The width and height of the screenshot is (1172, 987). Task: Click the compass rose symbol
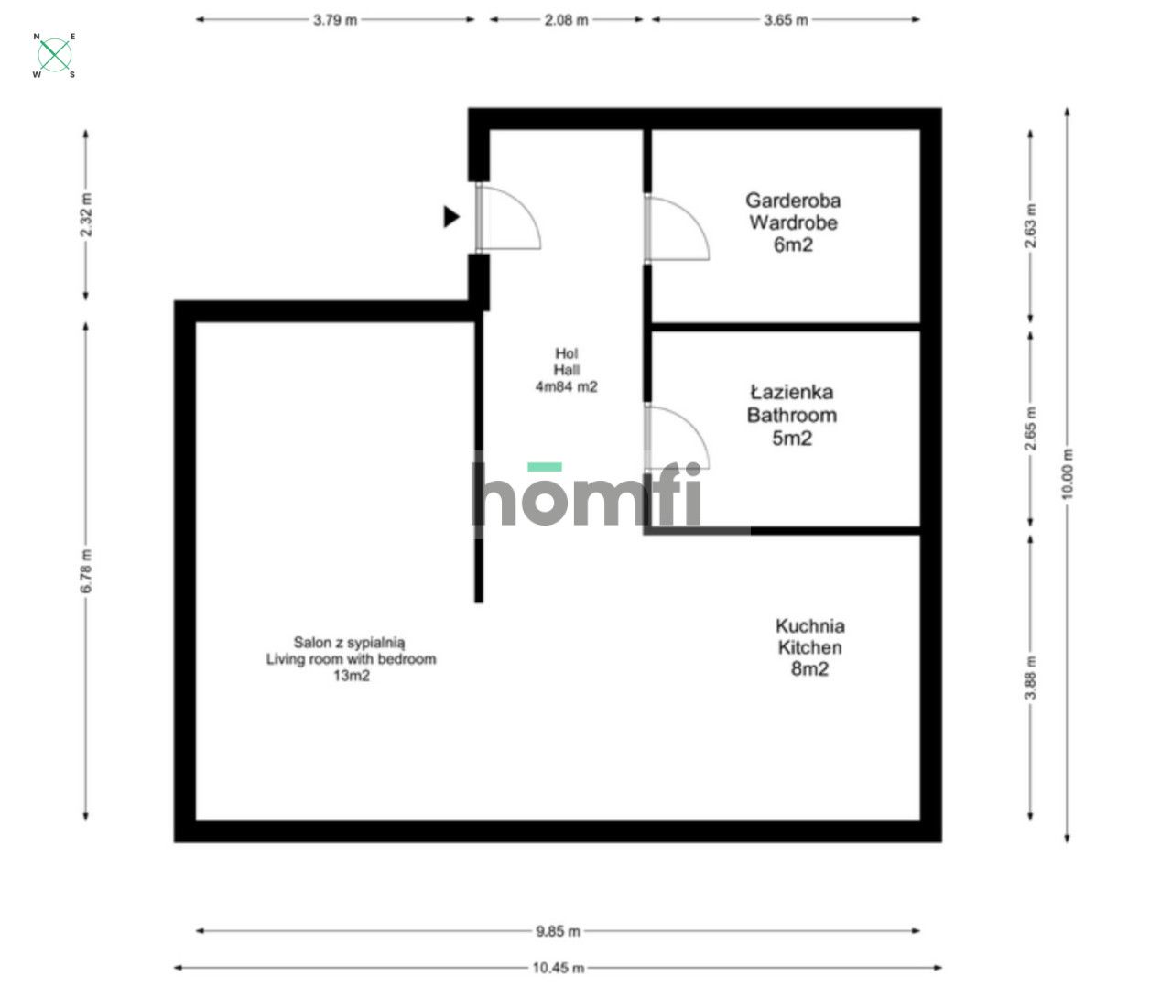coord(54,55)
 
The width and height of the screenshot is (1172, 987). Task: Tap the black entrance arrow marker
coord(451,217)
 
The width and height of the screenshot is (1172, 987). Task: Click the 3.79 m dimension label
coord(335,20)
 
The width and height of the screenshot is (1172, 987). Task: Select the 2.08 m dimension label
coord(567,20)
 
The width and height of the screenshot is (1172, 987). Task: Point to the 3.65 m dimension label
coord(786,20)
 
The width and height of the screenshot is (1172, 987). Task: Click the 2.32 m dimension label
coord(86,214)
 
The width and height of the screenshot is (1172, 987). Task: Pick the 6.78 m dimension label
coord(86,570)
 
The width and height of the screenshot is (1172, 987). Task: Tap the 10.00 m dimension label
coord(1067,474)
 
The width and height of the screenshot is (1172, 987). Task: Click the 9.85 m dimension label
coord(558,931)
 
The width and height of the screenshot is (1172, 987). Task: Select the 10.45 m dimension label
coord(558,968)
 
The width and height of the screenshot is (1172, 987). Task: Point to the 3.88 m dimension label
coord(1031,678)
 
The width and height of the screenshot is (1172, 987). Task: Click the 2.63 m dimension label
coord(1031,226)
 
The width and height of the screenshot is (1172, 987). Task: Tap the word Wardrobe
coord(793,222)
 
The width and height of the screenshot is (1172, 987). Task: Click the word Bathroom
coord(792,416)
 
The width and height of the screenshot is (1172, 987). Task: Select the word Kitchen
coord(809,647)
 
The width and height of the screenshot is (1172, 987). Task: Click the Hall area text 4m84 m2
coord(567,386)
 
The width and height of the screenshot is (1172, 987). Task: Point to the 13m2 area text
coord(352,676)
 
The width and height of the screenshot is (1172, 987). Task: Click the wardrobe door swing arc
coord(694,220)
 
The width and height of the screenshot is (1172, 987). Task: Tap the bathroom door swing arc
coord(694,428)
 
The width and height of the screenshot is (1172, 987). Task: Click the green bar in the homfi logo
coord(545,467)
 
